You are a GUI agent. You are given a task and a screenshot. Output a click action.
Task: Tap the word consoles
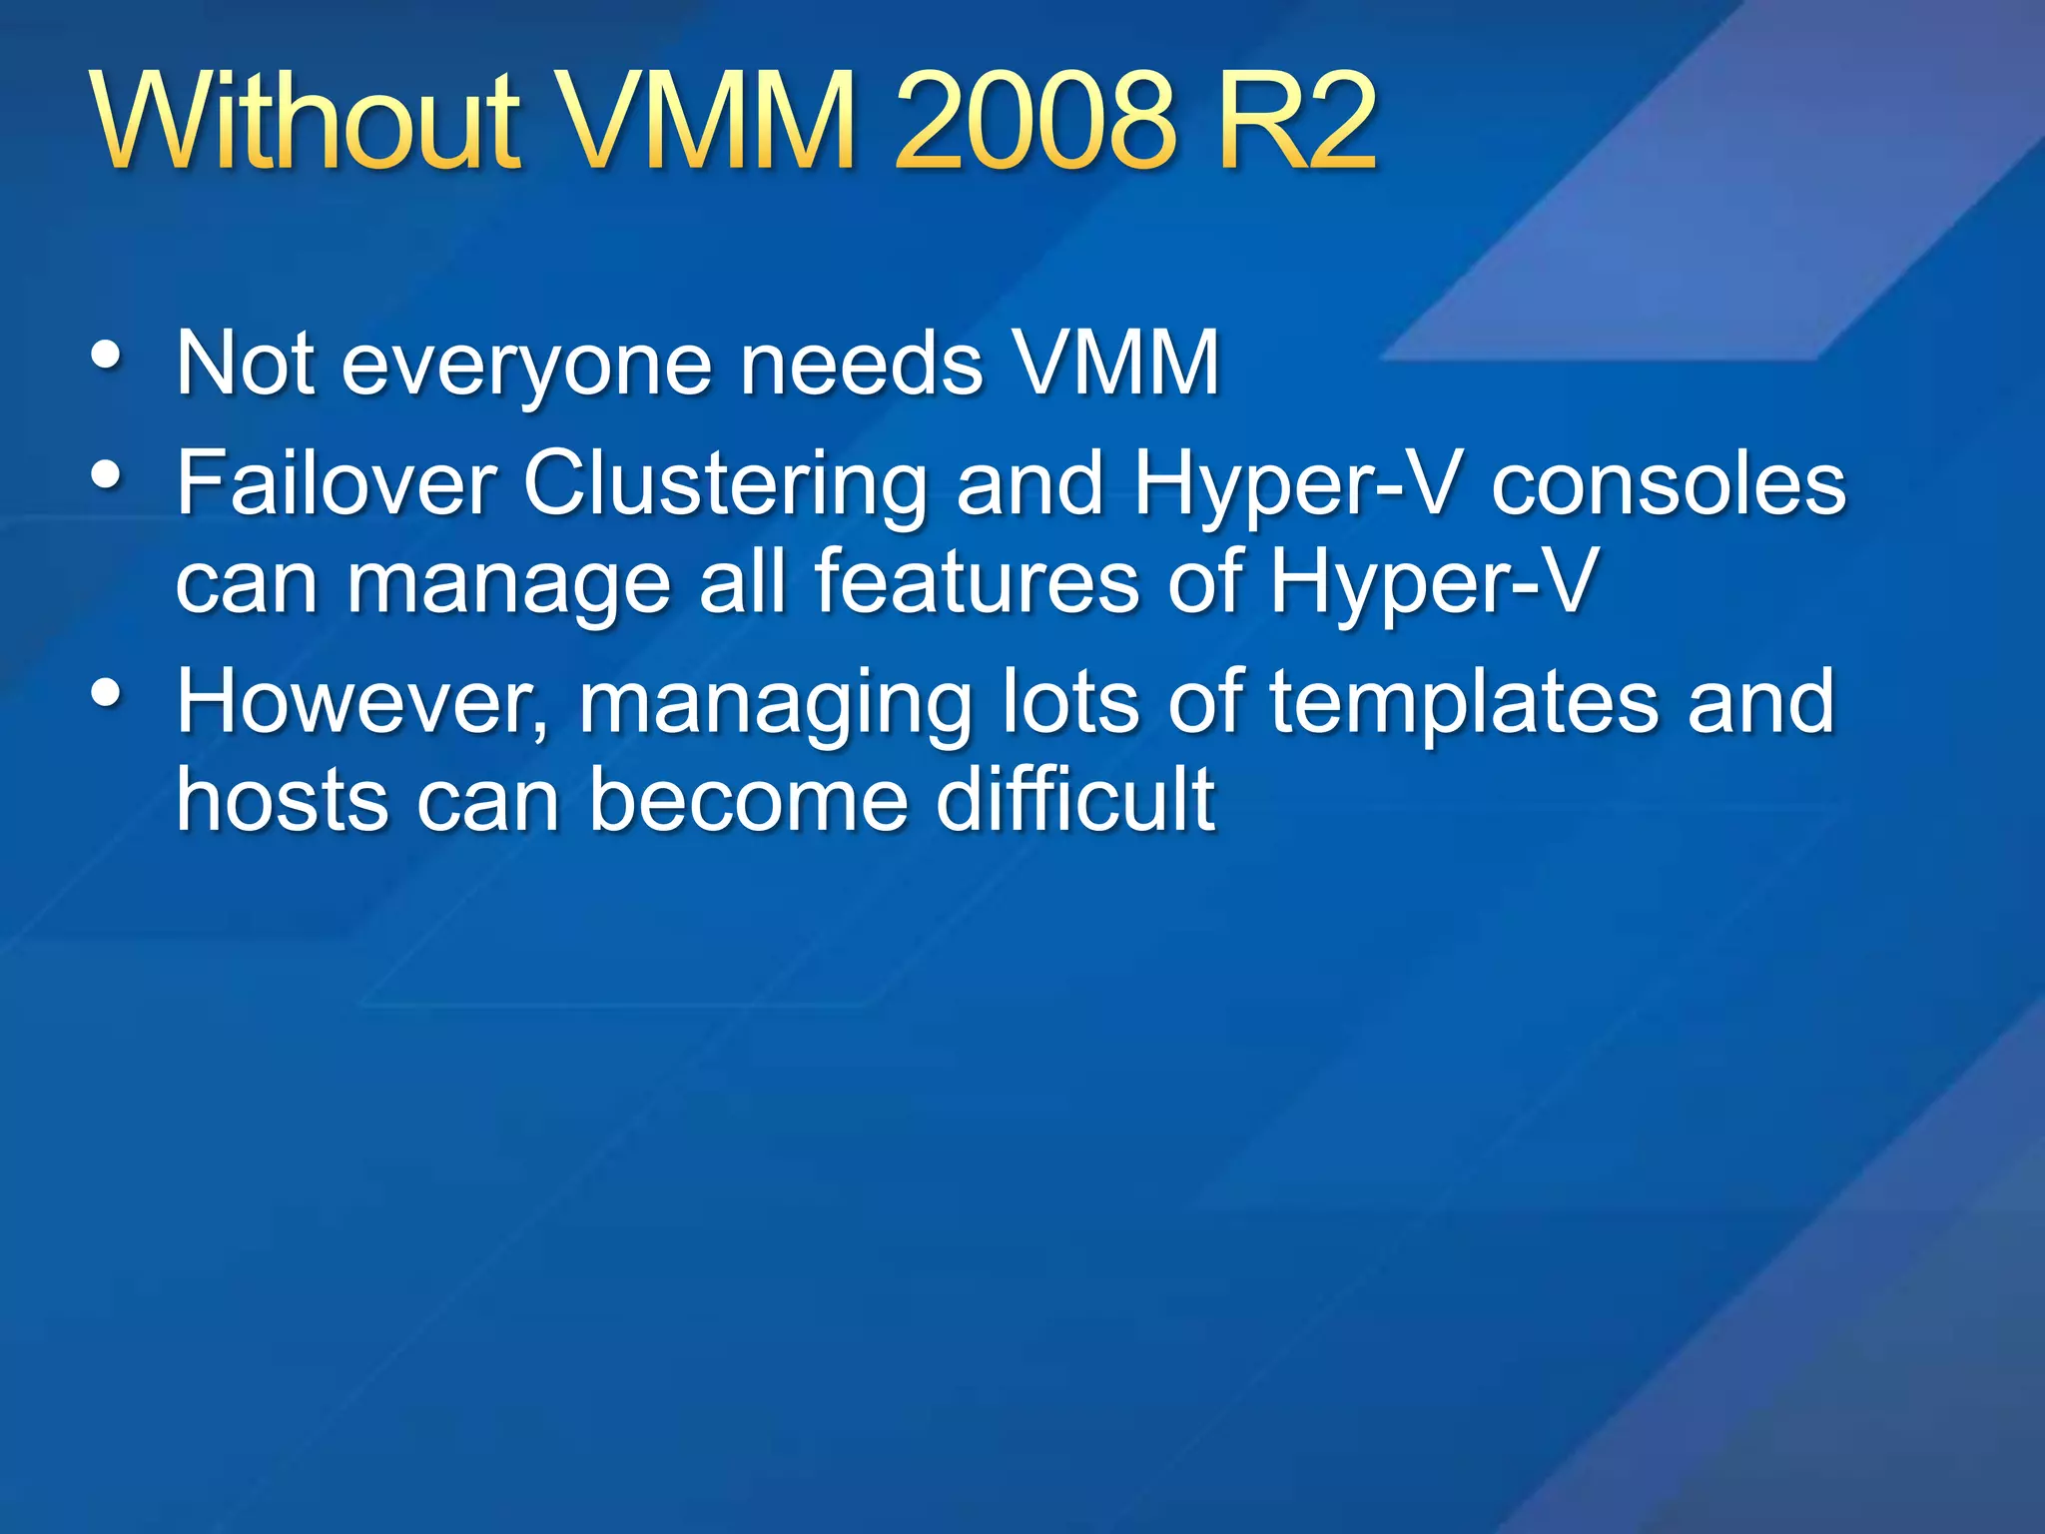(x=1668, y=485)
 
